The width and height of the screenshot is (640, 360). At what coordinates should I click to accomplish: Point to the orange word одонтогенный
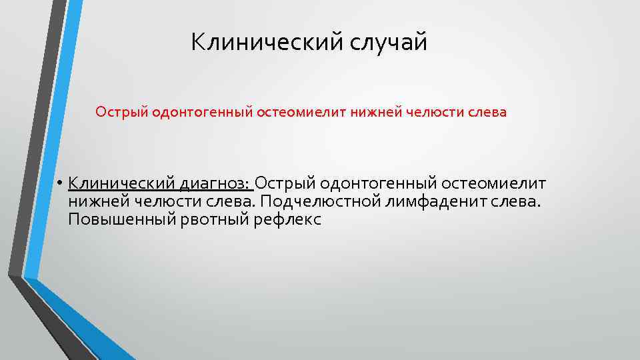201,112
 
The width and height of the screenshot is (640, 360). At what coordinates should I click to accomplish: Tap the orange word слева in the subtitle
488,112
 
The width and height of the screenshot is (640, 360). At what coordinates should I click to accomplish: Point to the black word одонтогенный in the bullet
379,183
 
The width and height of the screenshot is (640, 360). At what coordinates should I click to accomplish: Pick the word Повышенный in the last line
121,220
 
